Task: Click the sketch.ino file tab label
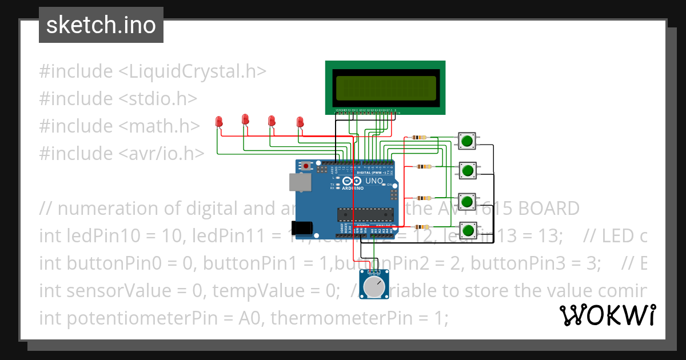(x=101, y=25)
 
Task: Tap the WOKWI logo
(x=607, y=315)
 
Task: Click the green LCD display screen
(x=382, y=87)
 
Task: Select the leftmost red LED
(x=219, y=121)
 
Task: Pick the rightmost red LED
(x=300, y=122)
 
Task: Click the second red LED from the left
(x=245, y=119)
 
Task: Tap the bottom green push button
(x=468, y=230)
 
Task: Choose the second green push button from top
(x=468, y=170)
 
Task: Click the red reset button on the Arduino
(x=306, y=166)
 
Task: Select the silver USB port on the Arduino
(x=300, y=182)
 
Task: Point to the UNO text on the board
(x=374, y=181)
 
